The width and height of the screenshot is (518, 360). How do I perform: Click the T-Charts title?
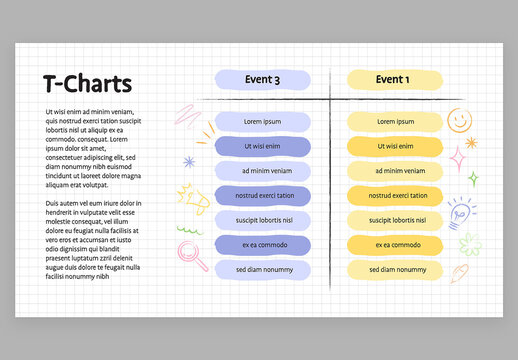(88, 84)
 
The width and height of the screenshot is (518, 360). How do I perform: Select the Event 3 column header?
(263, 80)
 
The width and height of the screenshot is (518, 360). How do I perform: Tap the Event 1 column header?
(392, 80)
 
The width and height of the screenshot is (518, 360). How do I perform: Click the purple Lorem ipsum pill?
(263, 122)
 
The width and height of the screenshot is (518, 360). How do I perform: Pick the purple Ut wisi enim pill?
(263, 147)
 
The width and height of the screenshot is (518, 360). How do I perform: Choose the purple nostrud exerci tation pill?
(263, 196)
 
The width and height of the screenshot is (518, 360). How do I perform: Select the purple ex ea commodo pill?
(263, 245)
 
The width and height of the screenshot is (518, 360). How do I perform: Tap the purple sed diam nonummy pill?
(263, 270)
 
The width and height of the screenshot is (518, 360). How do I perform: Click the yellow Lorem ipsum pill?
(394, 122)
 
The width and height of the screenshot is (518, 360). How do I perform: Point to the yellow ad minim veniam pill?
(394, 171)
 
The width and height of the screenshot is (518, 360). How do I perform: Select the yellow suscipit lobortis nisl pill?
(394, 220)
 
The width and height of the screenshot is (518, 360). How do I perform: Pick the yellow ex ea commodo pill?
(394, 245)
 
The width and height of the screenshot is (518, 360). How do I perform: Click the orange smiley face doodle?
(459, 121)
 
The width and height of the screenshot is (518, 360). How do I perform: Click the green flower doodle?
(471, 243)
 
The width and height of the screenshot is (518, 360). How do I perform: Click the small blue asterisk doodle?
(187, 161)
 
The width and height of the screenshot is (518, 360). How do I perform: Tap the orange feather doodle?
(461, 271)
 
